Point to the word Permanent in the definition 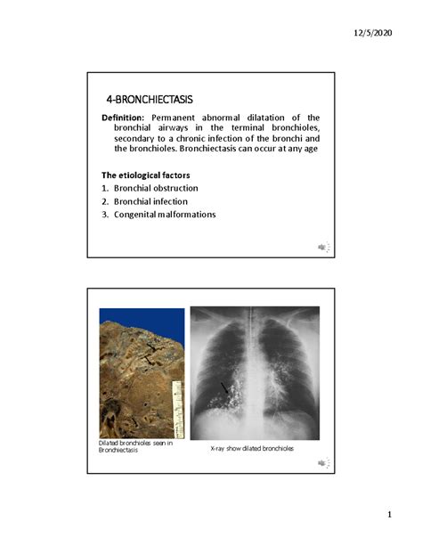[181, 118]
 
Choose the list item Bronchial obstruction [155, 188]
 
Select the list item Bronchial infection [150, 201]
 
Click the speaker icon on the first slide [322, 247]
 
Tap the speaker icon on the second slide [322, 463]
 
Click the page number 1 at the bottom [389, 517]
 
